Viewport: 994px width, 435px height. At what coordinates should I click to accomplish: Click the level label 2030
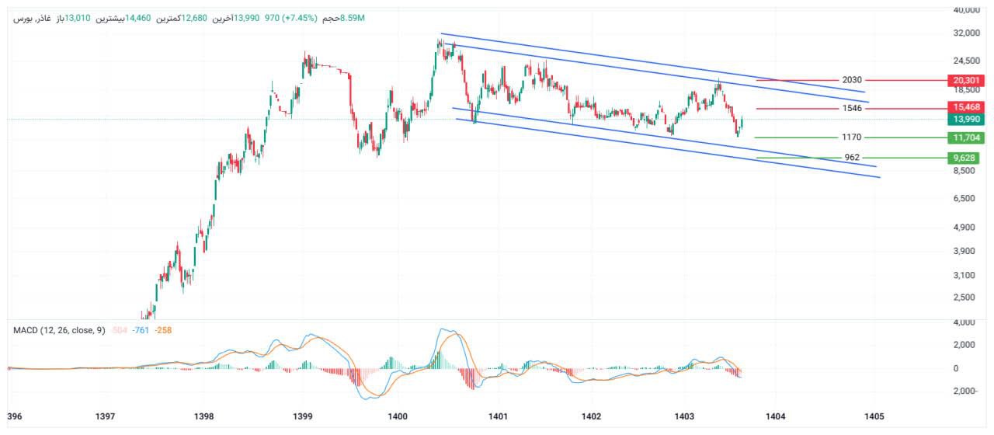pyautogui.click(x=852, y=80)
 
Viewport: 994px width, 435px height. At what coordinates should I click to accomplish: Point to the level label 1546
pyautogui.click(x=852, y=108)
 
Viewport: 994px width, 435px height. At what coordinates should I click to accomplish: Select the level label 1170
pyautogui.click(x=852, y=137)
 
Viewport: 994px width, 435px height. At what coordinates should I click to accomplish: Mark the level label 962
pyautogui.click(x=852, y=158)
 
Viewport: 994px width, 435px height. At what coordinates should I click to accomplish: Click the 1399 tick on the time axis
pyautogui.click(x=303, y=416)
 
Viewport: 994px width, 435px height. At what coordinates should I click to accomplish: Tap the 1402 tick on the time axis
pyautogui.click(x=591, y=416)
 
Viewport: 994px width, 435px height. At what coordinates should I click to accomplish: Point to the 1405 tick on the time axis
pyautogui.click(x=874, y=416)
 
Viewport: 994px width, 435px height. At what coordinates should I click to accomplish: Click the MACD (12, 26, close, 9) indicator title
pyautogui.click(x=59, y=330)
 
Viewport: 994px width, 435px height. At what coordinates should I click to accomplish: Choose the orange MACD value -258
pyautogui.click(x=163, y=330)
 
